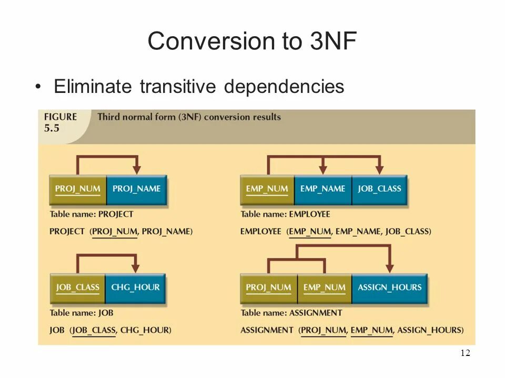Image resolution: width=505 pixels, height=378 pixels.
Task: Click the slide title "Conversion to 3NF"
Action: pos(252,41)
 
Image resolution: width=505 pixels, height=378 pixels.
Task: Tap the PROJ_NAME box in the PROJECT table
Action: pos(136,190)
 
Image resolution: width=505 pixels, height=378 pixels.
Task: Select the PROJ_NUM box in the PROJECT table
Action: pos(78,190)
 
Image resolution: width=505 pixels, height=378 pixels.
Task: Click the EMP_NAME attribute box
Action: pos(323,190)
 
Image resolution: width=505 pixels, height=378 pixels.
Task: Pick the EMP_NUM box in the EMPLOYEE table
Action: pos(267,190)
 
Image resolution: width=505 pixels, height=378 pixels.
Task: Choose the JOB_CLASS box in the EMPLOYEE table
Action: pos(379,190)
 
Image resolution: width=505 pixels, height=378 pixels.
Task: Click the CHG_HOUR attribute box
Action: pos(135,288)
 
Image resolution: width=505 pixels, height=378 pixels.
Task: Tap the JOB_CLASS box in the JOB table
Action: pos(77,288)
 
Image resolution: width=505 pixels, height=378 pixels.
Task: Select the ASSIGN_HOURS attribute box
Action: pos(389,288)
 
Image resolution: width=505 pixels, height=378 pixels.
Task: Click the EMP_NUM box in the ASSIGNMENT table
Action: pos(325,288)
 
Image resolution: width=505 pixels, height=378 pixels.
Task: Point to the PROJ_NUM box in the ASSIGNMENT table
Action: pos(268,288)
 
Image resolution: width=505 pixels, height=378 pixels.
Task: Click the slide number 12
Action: pos(465,353)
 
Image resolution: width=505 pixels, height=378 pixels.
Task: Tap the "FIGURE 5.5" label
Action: pos(60,122)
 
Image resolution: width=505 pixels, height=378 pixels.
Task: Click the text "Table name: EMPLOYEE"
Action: pos(285,214)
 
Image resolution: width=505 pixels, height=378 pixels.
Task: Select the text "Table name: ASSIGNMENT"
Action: pos(291,313)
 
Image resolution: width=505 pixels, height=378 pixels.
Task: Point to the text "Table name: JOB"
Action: pos(82,313)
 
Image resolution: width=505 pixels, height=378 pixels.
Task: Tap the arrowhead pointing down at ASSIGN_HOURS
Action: pos(389,268)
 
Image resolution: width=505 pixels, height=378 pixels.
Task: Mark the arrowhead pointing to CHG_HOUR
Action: pos(136,268)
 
